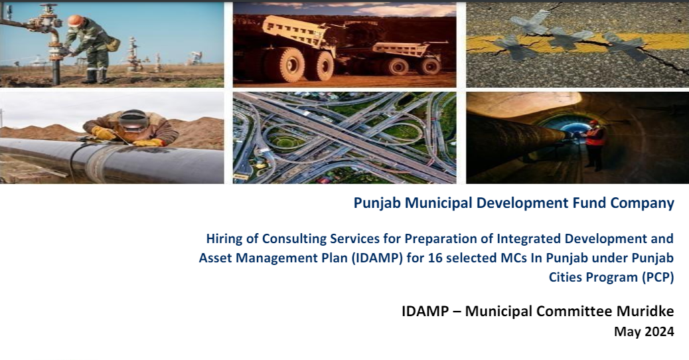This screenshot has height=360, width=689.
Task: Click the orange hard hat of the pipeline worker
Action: [75, 20]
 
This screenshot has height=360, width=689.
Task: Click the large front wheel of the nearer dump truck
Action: [284, 64]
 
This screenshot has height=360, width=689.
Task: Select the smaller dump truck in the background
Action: [402, 58]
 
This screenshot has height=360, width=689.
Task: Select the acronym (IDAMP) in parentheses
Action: [376, 258]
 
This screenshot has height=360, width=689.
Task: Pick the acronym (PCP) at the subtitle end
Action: [657, 278]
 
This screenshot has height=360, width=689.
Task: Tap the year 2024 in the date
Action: [659, 331]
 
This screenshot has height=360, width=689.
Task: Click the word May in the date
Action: [627, 332]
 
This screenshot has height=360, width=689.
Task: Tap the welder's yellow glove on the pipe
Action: [103, 134]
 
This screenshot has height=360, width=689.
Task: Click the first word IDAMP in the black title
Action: [425, 311]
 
